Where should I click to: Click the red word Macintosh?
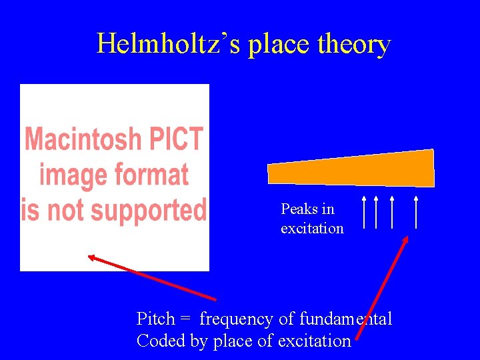(83, 139)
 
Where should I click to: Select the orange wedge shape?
(353, 169)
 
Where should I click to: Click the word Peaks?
(299, 209)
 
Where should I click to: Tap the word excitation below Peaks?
(312, 229)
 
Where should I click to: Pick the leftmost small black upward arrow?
(365, 213)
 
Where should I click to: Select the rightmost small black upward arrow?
(416, 213)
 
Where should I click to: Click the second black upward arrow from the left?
(376, 213)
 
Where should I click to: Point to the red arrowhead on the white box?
(93, 257)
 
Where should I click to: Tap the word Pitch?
(155, 319)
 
